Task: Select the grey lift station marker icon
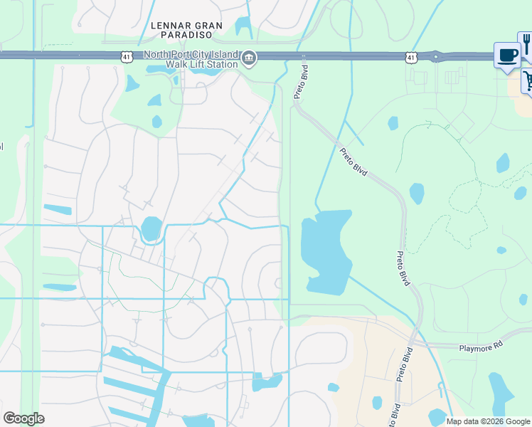[x=248, y=58]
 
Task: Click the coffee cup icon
[x=507, y=56]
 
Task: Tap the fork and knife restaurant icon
[x=526, y=44]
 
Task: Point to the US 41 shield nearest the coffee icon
[x=411, y=56]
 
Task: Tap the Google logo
[x=23, y=418]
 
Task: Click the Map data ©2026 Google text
[x=487, y=421]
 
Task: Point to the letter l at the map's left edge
[x=1, y=147]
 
